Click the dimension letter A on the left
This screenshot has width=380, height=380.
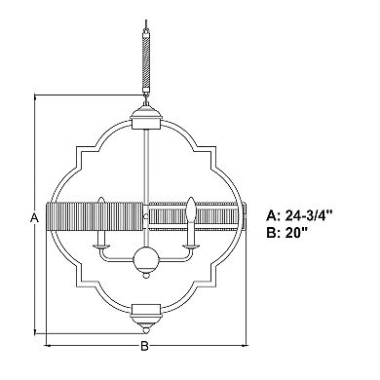(x=34, y=217)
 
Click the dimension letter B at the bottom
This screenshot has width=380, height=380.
(x=144, y=346)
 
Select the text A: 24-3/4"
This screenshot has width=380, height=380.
(x=300, y=215)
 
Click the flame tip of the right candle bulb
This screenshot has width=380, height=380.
(x=191, y=198)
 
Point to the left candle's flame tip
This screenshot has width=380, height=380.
(x=100, y=198)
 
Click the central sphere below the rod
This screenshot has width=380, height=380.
(x=146, y=259)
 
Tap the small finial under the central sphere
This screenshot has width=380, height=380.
(x=146, y=275)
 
